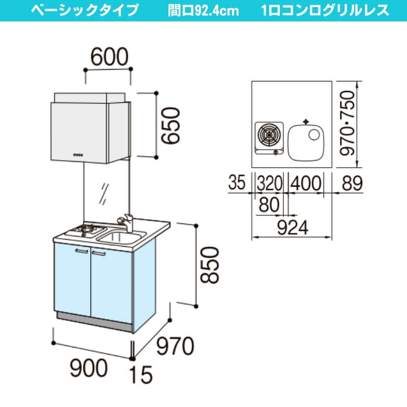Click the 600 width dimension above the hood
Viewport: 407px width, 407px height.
pyautogui.click(x=109, y=56)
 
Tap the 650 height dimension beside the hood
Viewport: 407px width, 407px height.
pyautogui.click(x=170, y=125)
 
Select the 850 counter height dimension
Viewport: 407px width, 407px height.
pyautogui.click(x=210, y=265)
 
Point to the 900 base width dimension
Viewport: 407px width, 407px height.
pyautogui.click(x=89, y=368)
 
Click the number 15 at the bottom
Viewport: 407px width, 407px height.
pyautogui.click(x=141, y=374)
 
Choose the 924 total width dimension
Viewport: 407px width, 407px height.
pyautogui.click(x=293, y=227)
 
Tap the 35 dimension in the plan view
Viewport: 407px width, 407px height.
pyautogui.click(x=237, y=182)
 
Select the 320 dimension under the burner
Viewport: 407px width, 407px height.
pyautogui.click(x=269, y=183)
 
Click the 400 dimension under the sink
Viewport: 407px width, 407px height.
pyautogui.click(x=306, y=183)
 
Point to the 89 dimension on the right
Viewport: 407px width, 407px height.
pyautogui.click(x=352, y=183)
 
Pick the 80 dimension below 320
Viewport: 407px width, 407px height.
pyautogui.click(x=269, y=205)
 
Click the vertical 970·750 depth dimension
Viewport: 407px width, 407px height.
pyautogui.click(x=347, y=123)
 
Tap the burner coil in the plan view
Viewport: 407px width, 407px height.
pyautogui.click(x=269, y=135)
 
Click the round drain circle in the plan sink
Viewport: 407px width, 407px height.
pyautogui.click(x=314, y=135)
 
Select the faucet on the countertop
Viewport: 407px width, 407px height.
pyautogui.click(x=125, y=223)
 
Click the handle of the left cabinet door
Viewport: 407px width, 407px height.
pyautogui.click(x=81, y=251)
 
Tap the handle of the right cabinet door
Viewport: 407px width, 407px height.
pyautogui.click(x=99, y=253)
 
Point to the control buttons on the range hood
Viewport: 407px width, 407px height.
pyautogui.click(x=78, y=155)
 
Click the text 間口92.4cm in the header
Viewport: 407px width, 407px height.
pyautogui.click(x=203, y=11)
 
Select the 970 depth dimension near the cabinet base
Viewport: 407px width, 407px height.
pyautogui.click(x=175, y=346)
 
